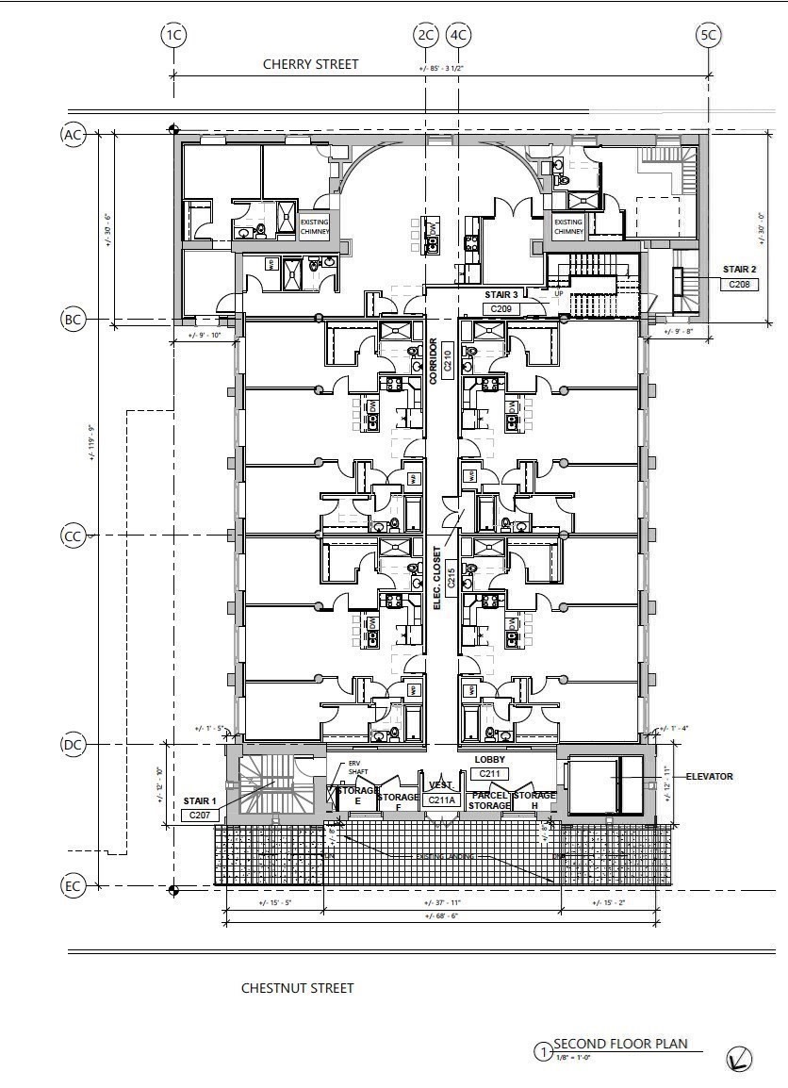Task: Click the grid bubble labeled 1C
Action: pos(173,36)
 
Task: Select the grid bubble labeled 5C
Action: pos(708,36)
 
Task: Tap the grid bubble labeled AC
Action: pos(73,135)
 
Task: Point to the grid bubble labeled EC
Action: pos(73,886)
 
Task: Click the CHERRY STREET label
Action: pos(310,64)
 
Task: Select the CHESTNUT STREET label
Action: pos(297,988)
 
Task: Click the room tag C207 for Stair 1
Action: pos(200,815)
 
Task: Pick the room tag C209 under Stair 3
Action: pos(501,308)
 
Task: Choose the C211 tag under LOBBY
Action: pos(489,773)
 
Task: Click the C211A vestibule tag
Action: pos(440,800)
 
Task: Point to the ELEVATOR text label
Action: pos(710,777)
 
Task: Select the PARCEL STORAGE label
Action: pos(490,801)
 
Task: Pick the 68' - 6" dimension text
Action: pos(440,915)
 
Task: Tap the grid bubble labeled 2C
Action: pos(425,36)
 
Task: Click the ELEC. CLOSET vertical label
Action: pos(437,577)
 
